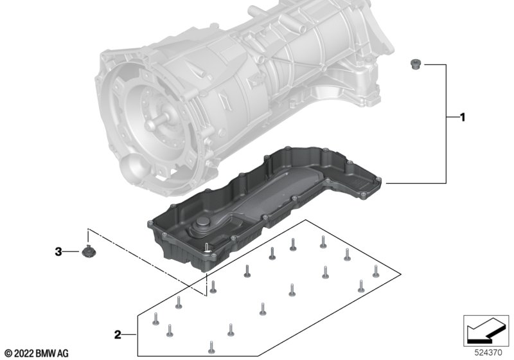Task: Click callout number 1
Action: tap(461, 118)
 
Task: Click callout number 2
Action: tap(117, 334)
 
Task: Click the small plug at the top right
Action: tap(414, 64)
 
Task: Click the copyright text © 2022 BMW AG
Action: tap(36, 353)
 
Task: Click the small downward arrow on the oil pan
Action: tap(207, 248)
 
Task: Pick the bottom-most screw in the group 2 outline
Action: tap(209, 348)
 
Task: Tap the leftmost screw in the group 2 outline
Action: tap(155, 318)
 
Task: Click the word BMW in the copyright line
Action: tap(47, 353)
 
